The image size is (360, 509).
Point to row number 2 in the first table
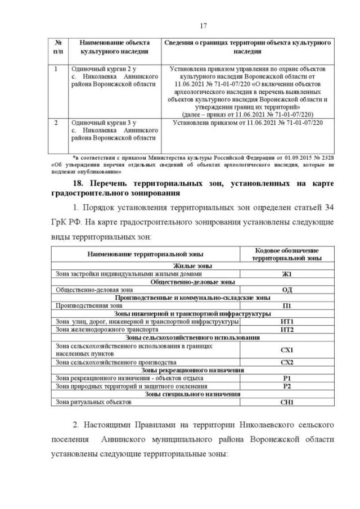[x=56, y=121]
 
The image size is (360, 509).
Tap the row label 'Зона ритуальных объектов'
[x=93, y=403]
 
